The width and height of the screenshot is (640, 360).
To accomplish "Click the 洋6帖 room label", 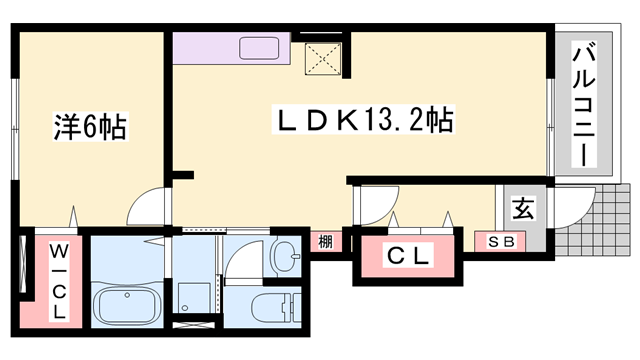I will (x=89, y=127).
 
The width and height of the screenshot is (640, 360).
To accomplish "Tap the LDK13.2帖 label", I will (x=365, y=121).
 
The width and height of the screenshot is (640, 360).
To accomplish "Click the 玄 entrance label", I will (x=522, y=209).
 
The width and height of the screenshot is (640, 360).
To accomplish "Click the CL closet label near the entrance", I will (x=408, y=257).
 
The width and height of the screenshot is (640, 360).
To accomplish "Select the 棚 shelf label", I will (x=325, y=241).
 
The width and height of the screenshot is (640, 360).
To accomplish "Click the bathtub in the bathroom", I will (x=126, y=303).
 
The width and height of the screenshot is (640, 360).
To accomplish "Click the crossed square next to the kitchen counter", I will (x=326, y=55).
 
